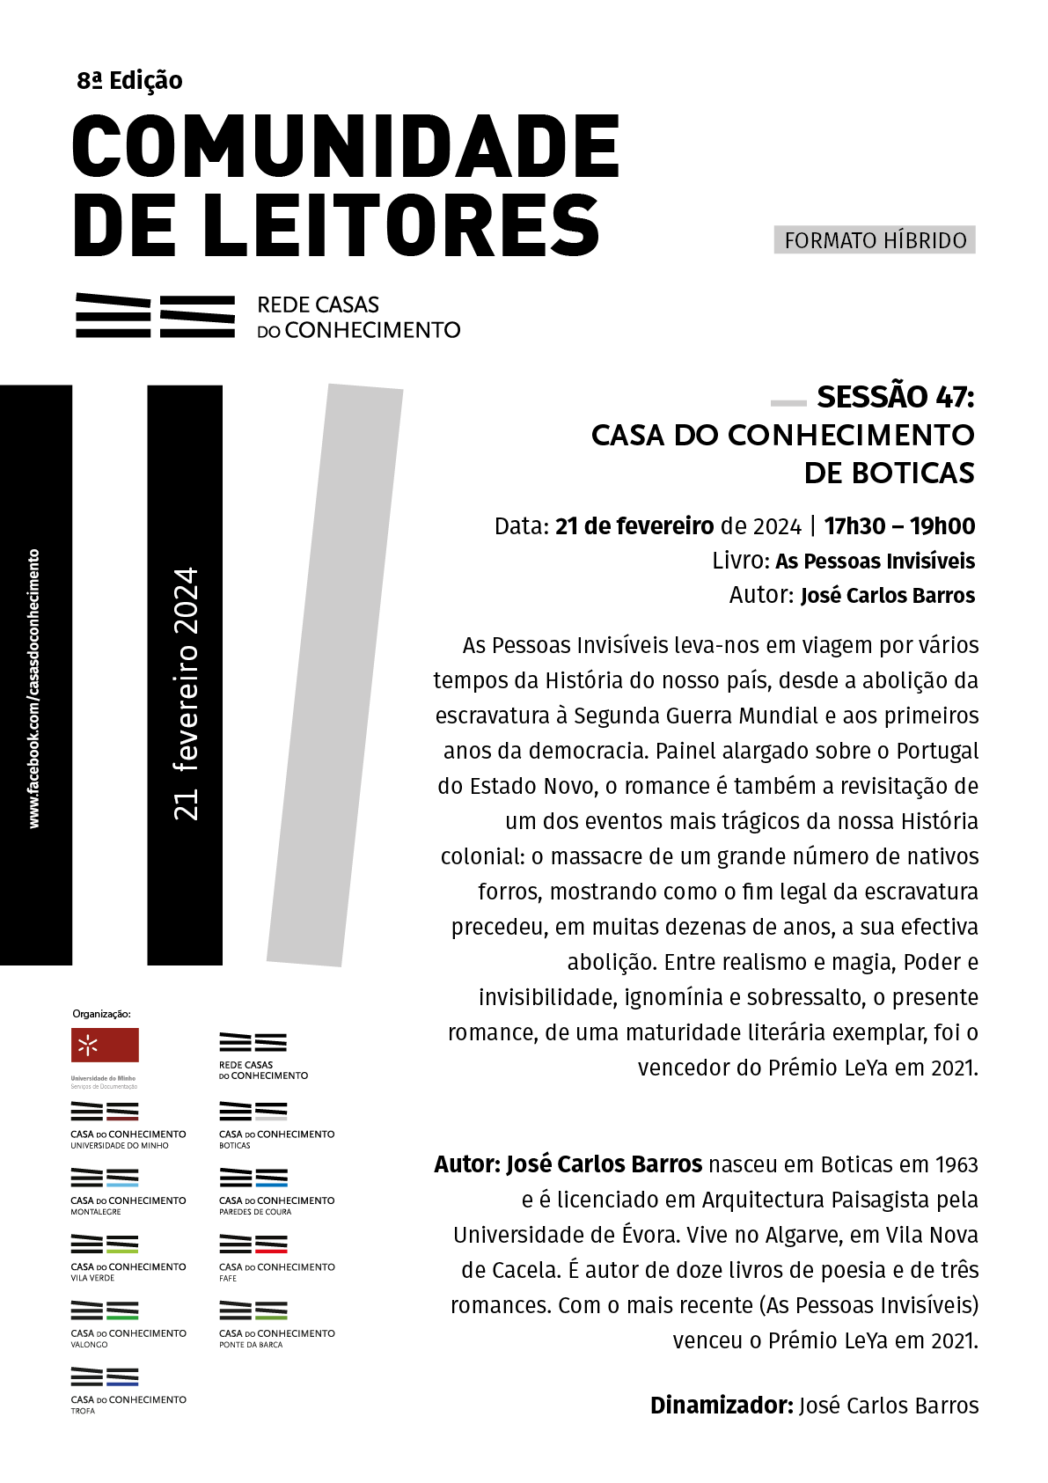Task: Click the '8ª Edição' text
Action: (129, 81)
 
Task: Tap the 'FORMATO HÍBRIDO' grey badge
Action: (875, 240)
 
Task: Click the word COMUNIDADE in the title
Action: (346, 146)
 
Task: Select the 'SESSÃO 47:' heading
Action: (895, 397)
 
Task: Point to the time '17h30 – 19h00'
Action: (899, 526)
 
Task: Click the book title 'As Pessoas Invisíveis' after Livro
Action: (875, 562)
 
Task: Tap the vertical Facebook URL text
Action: (34, 688)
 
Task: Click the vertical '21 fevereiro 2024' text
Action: (186, 694)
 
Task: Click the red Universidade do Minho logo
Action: (105, 1046)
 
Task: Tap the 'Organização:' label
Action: (101, 1014)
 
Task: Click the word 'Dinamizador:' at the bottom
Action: (722, 1406)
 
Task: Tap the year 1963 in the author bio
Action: (956, 1164)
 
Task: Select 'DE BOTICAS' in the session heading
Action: (889, 474)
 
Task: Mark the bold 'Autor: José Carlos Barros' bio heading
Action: (568, 1164)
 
